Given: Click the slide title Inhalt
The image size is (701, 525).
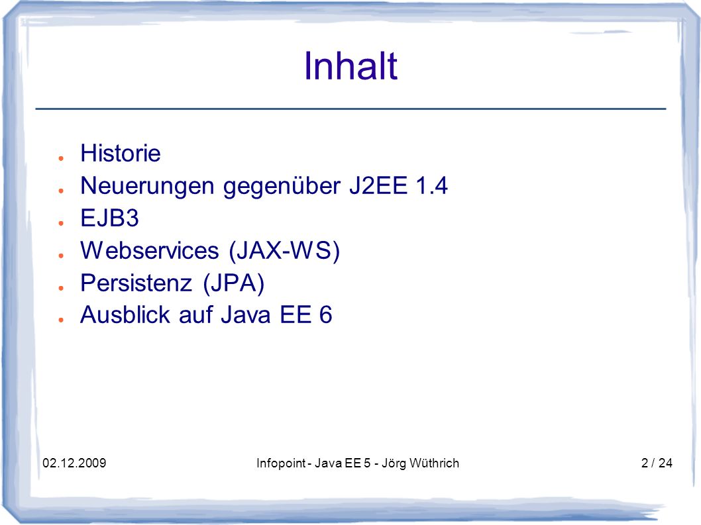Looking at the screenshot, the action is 350,66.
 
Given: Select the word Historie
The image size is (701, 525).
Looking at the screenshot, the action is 121,153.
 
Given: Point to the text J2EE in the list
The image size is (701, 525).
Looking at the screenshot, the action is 378,185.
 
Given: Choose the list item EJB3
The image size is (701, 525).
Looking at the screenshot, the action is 109,218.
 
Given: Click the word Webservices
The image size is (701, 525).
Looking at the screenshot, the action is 150,250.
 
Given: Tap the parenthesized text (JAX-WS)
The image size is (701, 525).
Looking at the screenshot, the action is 284,251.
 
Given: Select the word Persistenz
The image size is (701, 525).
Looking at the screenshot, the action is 136,283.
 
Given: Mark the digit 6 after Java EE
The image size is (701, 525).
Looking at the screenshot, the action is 325,314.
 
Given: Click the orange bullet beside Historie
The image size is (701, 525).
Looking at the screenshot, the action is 61,158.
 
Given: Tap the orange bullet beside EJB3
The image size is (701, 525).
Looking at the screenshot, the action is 61,223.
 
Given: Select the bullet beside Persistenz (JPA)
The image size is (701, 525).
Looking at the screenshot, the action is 61,288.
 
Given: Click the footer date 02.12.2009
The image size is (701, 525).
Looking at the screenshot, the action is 74,463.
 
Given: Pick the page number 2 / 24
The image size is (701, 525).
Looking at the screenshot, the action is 657,463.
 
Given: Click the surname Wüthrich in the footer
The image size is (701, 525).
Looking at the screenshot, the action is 434,463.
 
